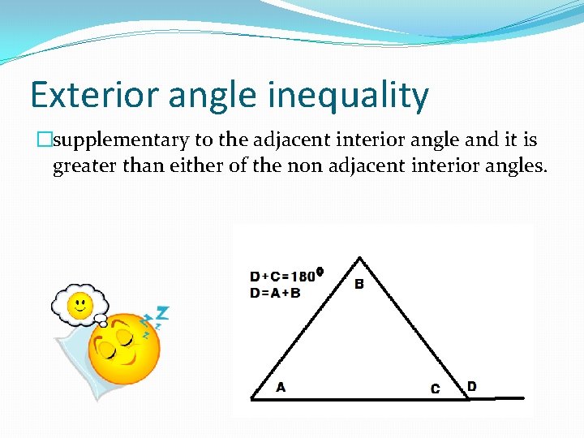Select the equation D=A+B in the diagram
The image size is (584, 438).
pyautogui.click(x=275, y=292)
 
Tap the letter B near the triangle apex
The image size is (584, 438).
pyautogui.click(x=359, y=284)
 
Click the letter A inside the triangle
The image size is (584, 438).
pyautogui.click(x=281, y=387)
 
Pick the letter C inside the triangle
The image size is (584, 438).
pyautogui.click(x=435, y=389)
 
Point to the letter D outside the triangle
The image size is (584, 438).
pyautogui.click(x=471, y=386)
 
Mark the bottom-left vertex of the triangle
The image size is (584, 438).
pyautogui.click(x=252, y=397)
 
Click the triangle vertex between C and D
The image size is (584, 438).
pyautogui.click(x=469, y=397)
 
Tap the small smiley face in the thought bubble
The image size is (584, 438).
pyautogui.click(x=79, y=305)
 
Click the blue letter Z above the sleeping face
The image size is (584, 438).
pyautogui.click(x=162, y=313)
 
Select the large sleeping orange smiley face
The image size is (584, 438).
pyautogui.click(x=122, y=348)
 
